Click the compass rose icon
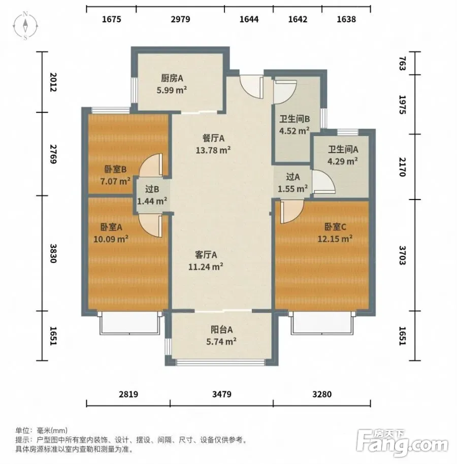[x=25, y=26]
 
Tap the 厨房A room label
[x=172, y=78]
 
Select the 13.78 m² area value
[x=213, y=150]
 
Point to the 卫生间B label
[x=295, y=119]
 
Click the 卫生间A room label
[x=343, y=149]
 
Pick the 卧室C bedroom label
[x=335, y=227]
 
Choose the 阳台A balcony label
[x=221, y=329]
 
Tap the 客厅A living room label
[x=206, y=255]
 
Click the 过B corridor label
[x=152, y=189]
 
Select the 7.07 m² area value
[x=115, y=181]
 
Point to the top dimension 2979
[x=180, y=19]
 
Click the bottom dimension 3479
[x=222, y=394]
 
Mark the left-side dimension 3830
[x=53, y=253]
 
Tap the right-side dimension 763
[x=402, y=63]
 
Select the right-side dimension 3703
[x=402, y=255]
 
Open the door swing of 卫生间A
[x=323, y=182]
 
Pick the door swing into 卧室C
[x=292, y=212]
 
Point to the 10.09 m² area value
[x=111, y=239]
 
